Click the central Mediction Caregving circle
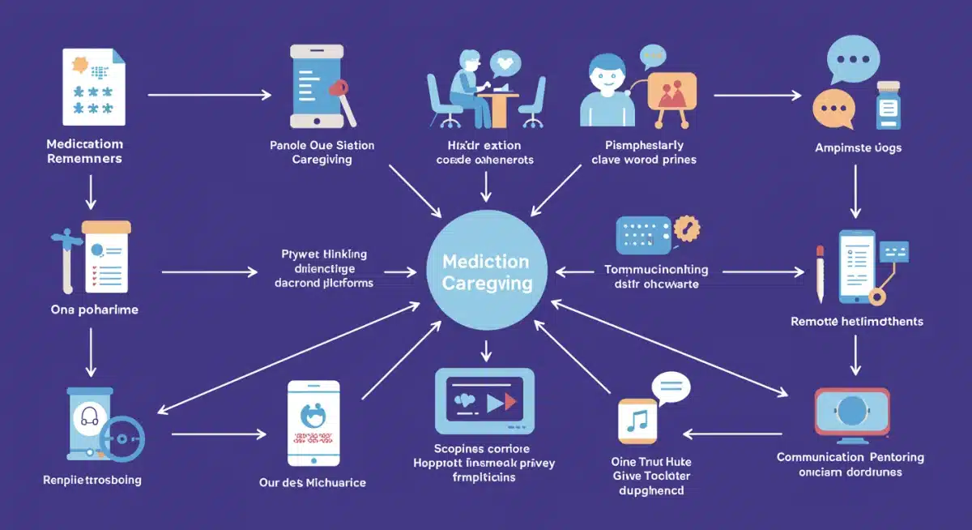click(x=486, y=272)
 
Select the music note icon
click(x=637, y=421)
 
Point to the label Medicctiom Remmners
click(x=84, y=152)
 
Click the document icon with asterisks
click(x=94, y=87)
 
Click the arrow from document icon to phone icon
click(x=209, y=96)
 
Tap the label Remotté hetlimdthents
click(x=856, y=322)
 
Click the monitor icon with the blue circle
click(x=851, y=413)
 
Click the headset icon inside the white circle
click(x=90, y=419)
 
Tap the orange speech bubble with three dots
click(x=832, y=108)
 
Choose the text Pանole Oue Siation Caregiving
click(x=322, y=152)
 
